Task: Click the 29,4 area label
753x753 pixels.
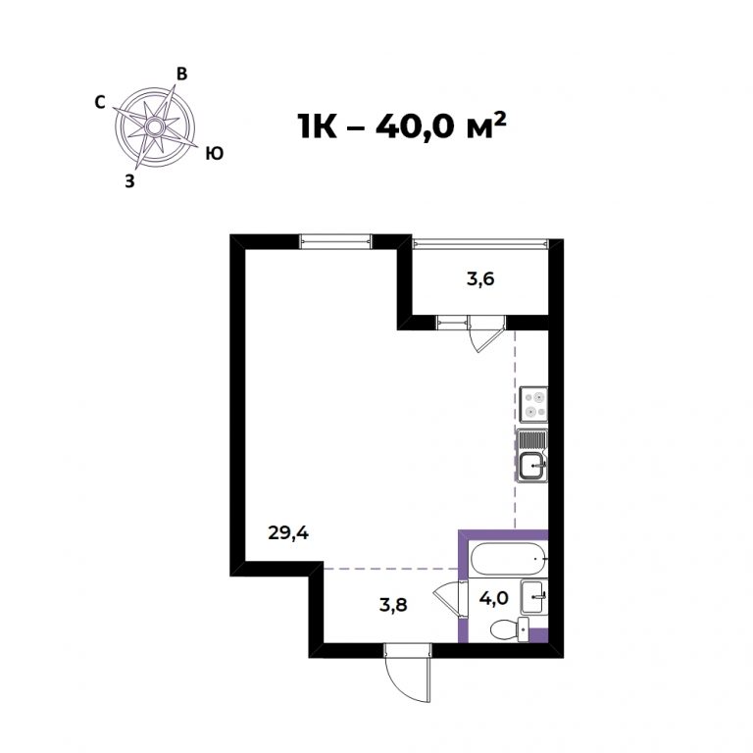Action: pyautogui.click(x=288, y=532)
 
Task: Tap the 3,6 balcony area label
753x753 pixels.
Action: pyautogui.click(x=480, y=278)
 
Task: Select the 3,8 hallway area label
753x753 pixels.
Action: pyautogui.click(x=393, y=605)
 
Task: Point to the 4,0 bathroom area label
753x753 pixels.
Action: pyautogui.click(x=494, y=599)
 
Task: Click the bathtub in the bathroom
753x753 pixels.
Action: pyautogui.click(x=509, y=559)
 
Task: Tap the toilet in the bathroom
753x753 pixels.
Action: pyautogui.click(x=510, y=629)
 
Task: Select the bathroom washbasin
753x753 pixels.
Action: pyautogui.click(x=533, y=596)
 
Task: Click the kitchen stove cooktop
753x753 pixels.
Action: pyautogui.click(x=533, y=404)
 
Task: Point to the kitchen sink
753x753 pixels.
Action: pyautogui.click(x=532, y=455)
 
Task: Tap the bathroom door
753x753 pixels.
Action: pyautogui.click(x=450, y=599)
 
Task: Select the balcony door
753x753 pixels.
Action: pyautogui.click(x=485, y=333)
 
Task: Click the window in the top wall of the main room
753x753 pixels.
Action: pyautogui.click(x=336, y=241)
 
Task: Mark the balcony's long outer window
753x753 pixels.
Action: pyautogui.click(x=480, y=243)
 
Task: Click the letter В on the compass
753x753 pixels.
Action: pyautogui.click(x=181, y=74)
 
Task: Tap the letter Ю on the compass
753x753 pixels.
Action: pyautogui.click(x=214, y=154)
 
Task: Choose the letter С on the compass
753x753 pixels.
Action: pyautogui.click(x=100, y=102)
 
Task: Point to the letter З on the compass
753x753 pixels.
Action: pyautogui.click(x=129, y=181)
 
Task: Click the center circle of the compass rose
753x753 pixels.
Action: pyautogui.click(x=155, y=127)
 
